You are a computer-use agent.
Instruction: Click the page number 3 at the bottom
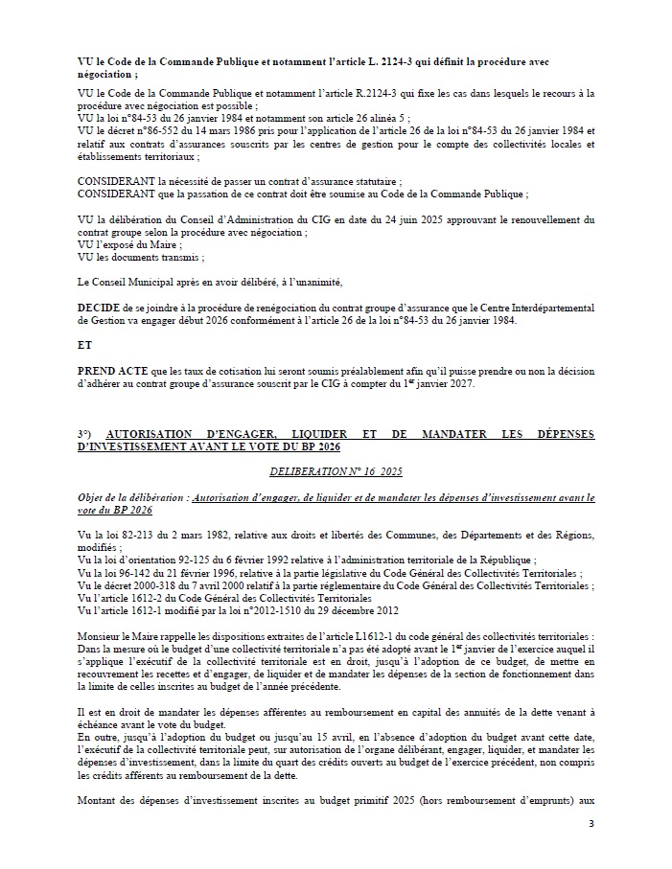coord(591,823)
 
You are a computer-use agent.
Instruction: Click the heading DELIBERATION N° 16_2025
coord(336,472)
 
